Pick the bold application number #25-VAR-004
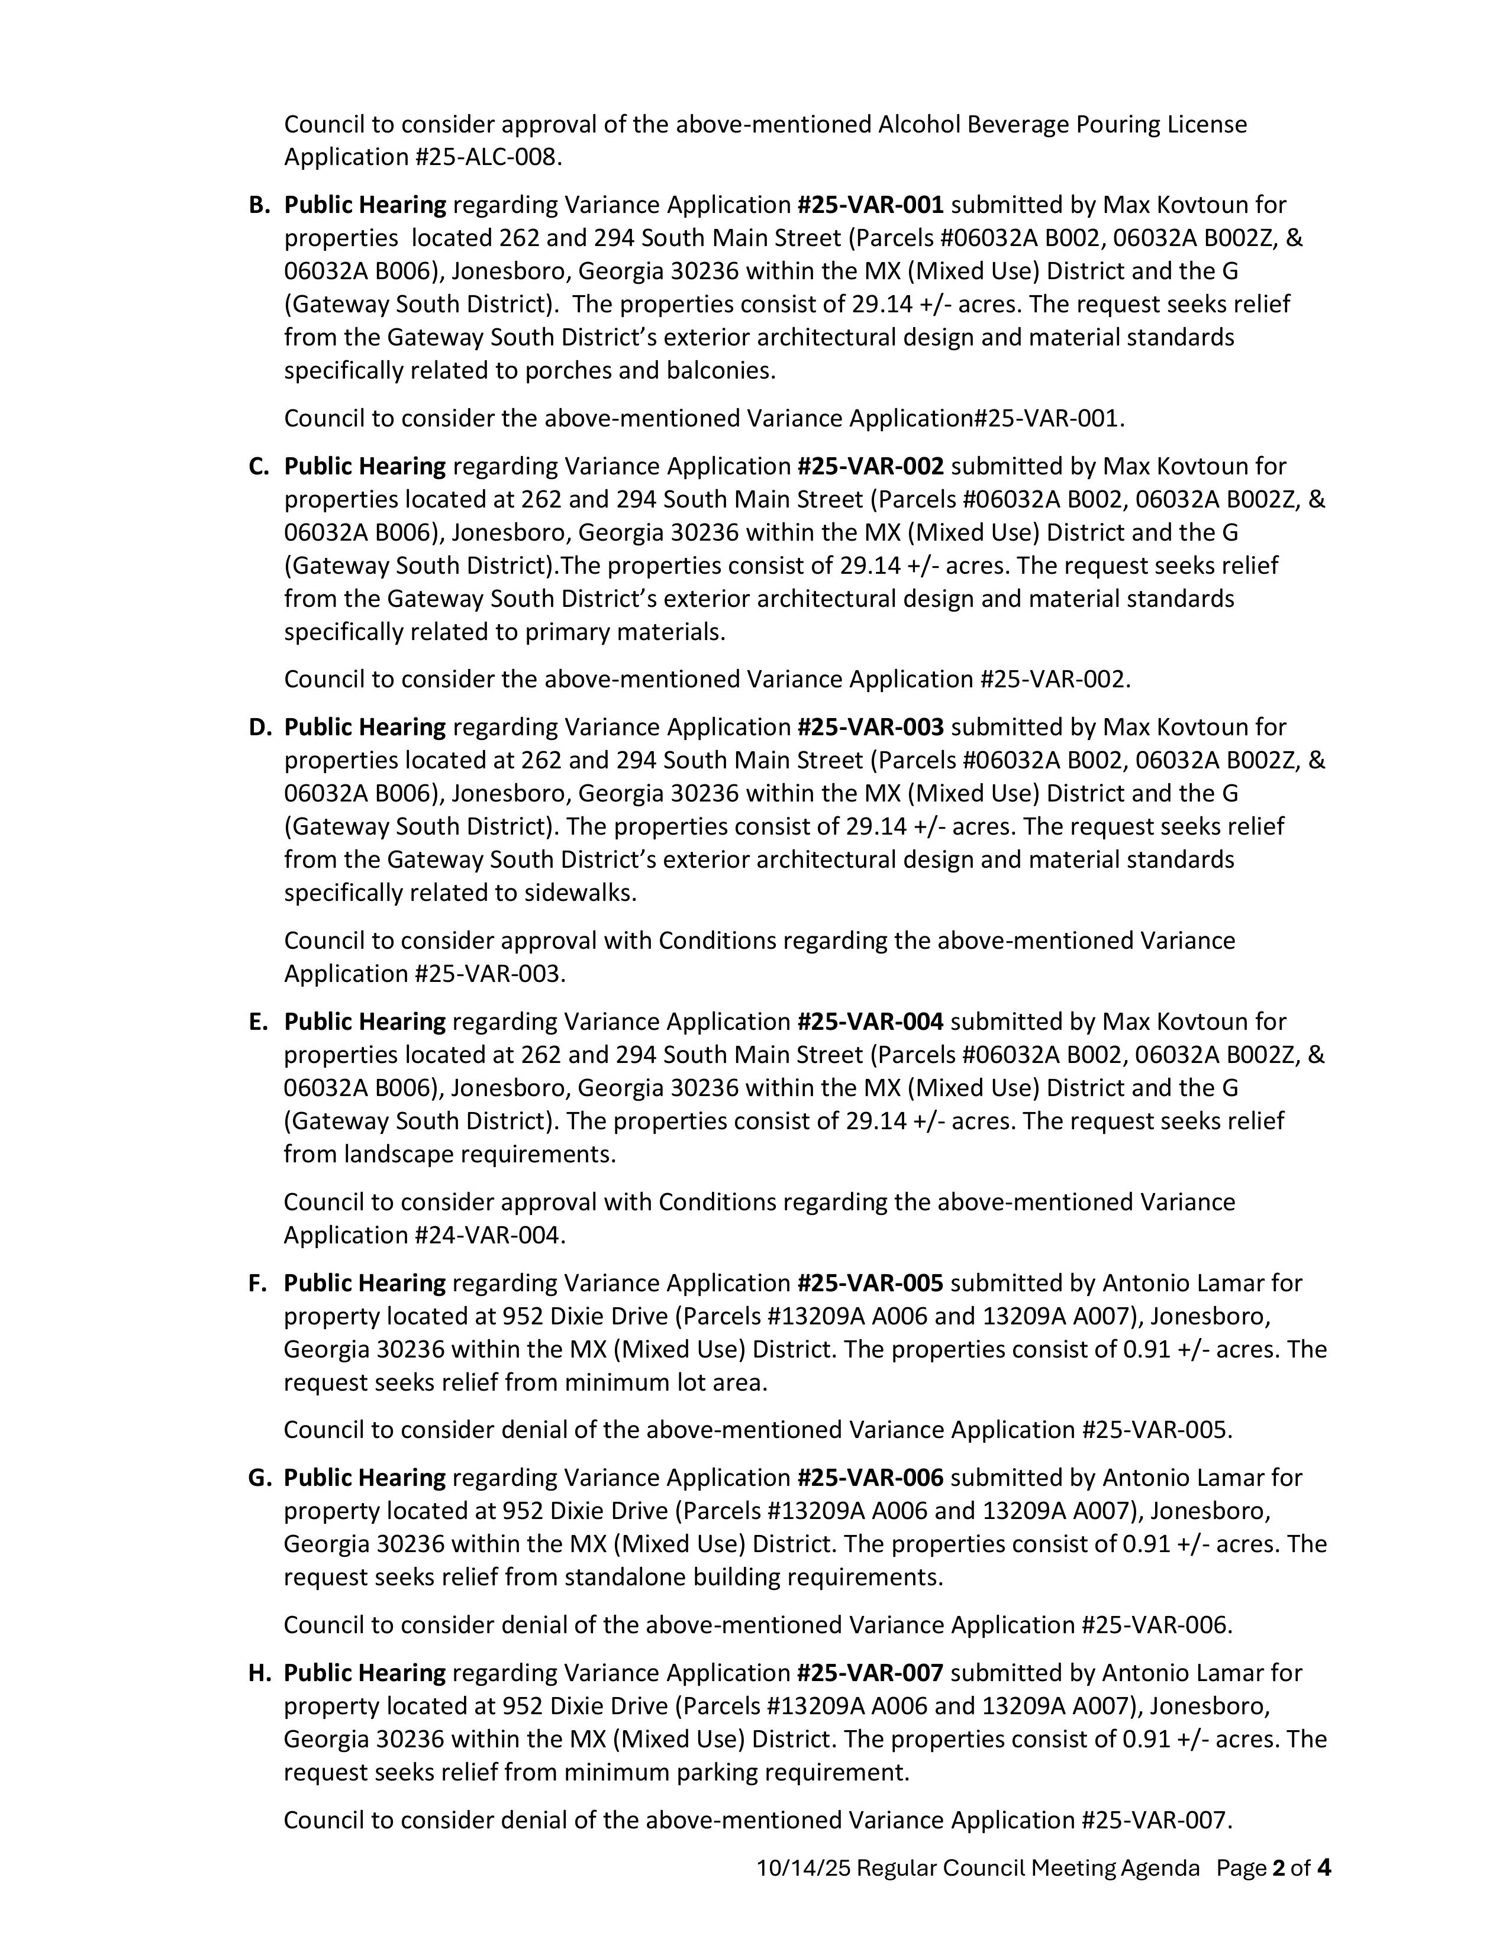click(870, 1021)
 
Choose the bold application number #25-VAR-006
click(870, 1478)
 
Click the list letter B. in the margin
click(259, 206)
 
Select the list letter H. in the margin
click(259, 1673)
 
